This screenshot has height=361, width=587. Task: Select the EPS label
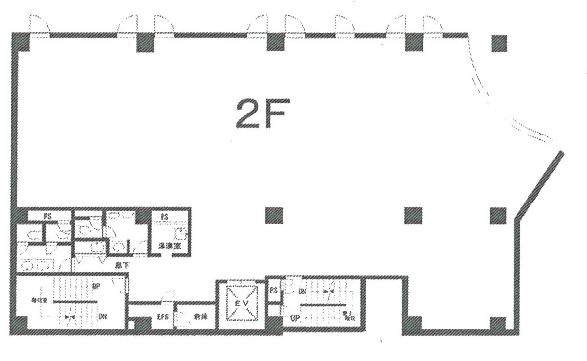(163, 317)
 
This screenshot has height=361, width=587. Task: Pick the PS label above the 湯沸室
(164, 216)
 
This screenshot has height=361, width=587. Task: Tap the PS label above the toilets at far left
(47, 216)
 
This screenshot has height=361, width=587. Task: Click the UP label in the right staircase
(295, 318)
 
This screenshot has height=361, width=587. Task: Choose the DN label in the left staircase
(103, 317)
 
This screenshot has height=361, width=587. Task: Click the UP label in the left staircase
(96, 286)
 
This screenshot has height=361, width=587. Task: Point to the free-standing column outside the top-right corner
(499, 44)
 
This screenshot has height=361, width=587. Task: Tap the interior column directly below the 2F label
(274, 215)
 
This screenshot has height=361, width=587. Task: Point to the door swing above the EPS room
(168, 296)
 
